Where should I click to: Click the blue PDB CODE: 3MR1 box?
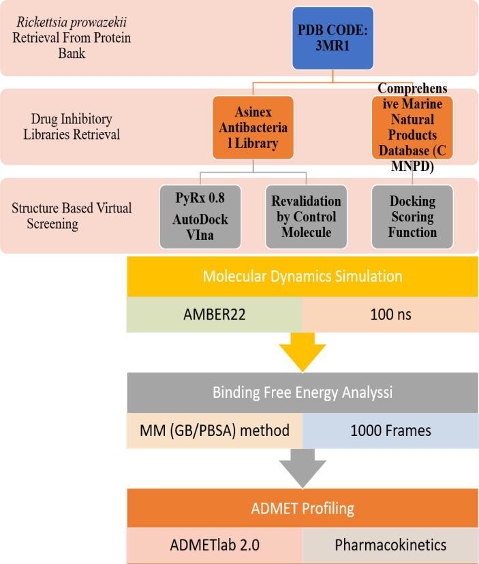tap(333, 38)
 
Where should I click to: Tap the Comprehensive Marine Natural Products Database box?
tap(412, 127)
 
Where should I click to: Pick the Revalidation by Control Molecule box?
tap(306, 216)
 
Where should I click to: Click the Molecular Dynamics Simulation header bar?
tap(302, 277)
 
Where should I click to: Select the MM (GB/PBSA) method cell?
tap(215, 430)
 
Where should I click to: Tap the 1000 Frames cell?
tap(390, 430)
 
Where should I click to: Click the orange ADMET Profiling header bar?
tap(302, 508)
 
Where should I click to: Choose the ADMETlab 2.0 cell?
tap(215, 545)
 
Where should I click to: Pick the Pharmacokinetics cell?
tap(390, 545)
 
